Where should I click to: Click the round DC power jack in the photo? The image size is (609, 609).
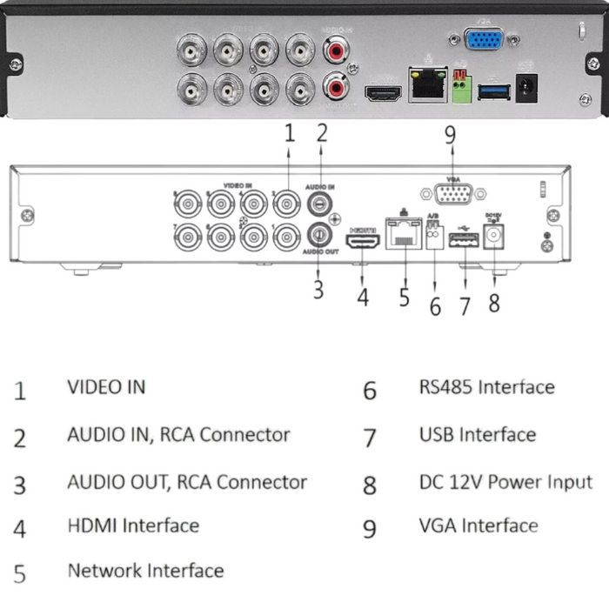[x=525, y=88]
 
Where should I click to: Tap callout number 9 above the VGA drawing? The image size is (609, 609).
[x=450, y=135]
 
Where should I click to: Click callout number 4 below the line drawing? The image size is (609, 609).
[x=363, y=298]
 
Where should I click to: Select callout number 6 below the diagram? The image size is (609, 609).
[x=435, y=307]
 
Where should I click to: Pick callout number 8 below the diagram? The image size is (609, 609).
[x=494, y=304]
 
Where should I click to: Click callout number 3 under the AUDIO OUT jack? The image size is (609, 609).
[x=318, y=290]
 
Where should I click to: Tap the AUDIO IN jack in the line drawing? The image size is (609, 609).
[x=320, y=205]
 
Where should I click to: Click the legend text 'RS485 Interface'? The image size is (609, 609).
[x=485, y=387]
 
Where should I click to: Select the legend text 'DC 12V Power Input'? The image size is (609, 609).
[x=505, y=481]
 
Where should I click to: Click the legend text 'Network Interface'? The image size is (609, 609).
[x=145, y=571]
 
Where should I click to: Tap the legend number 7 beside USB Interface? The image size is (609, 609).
[x=370, y=437]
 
